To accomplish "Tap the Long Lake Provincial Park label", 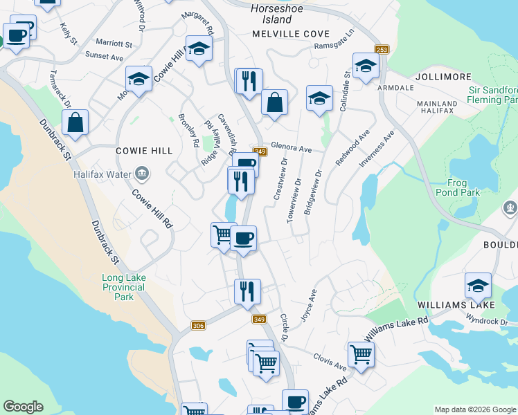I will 123,287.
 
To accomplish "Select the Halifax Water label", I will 102,174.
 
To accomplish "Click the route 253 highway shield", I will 382,50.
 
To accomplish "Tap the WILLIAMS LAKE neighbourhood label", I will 456,305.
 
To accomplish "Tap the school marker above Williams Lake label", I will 478,285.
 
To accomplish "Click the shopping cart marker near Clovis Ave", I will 361,355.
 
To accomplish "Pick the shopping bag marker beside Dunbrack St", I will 75,123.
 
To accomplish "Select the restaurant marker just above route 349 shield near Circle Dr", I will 247,291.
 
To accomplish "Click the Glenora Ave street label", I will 292,148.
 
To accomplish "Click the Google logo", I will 23,407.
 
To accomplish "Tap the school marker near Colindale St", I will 365,66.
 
